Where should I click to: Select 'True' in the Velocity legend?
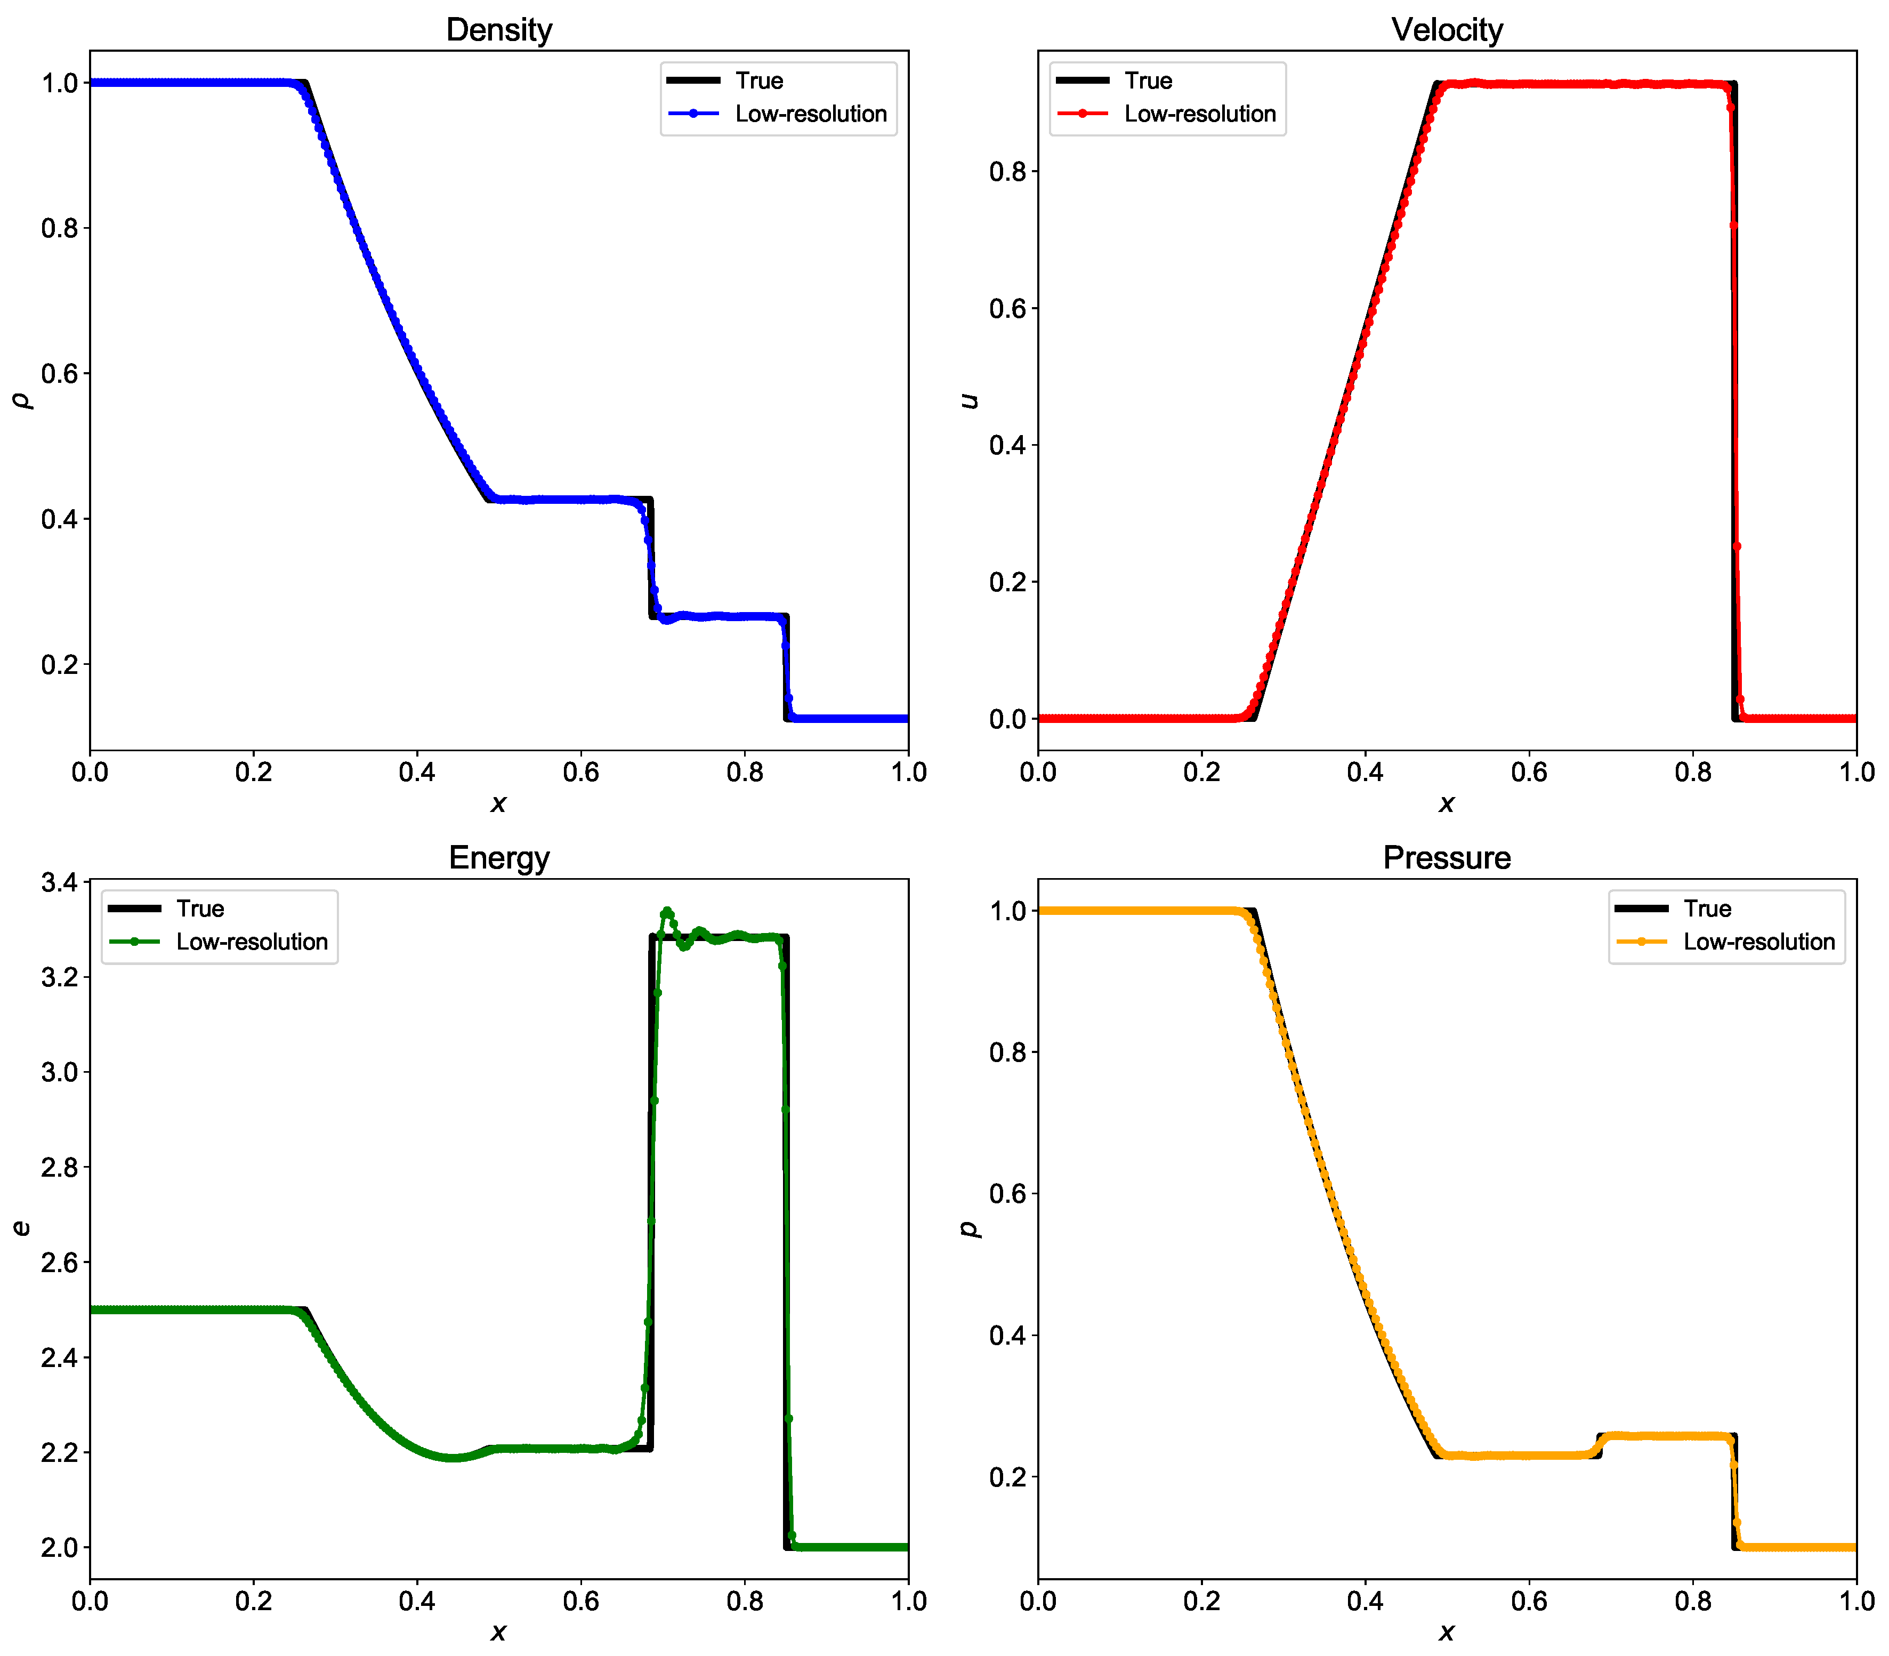(1148, 81)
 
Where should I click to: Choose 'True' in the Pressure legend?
(1707, 909)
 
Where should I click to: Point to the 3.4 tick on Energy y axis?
(59, 882)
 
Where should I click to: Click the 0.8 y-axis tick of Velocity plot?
(1008, 172)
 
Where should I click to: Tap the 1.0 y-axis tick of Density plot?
(59, 83)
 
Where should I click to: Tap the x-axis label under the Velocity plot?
(1447, 803)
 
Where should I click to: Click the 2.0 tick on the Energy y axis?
(59, 1548)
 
